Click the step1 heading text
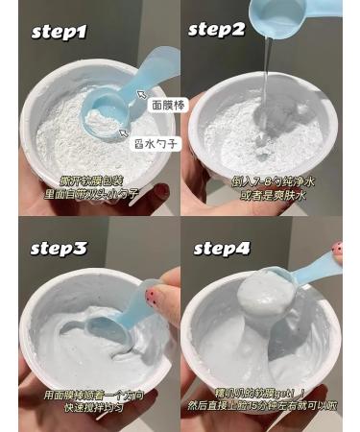coord(60,32)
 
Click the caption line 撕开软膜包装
coord(93,180)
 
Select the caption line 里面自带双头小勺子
coord(93,193)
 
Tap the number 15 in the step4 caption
coord(264,407)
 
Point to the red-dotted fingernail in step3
coord(150,296)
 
